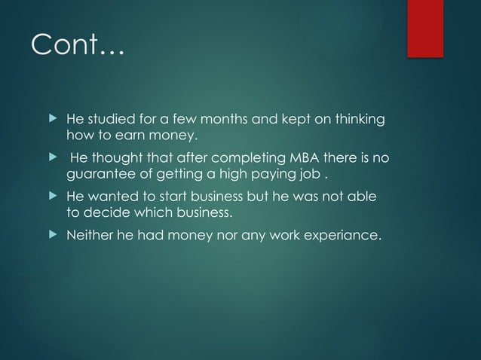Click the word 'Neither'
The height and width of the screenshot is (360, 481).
[x=89, y=236]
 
